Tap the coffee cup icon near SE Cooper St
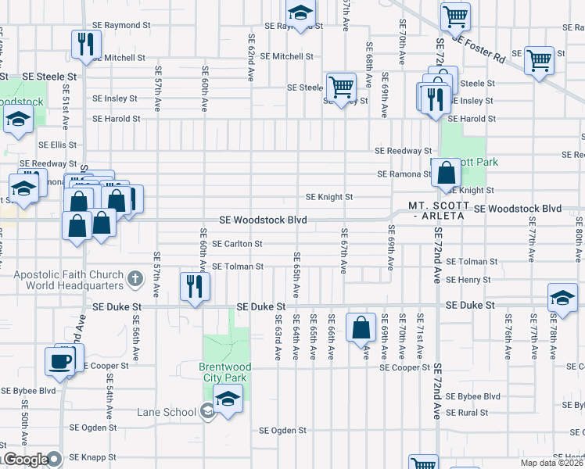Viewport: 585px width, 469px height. coord(59,360)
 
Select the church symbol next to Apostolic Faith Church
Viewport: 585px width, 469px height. coord(135,279)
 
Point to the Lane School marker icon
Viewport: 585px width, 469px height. coord(207,410)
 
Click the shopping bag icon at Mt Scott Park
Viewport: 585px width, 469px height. coord(446,174)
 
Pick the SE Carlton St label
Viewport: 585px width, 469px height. coord(237,244)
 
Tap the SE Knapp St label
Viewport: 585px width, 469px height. coord(93,457)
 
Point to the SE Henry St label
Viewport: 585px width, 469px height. coord(468,279)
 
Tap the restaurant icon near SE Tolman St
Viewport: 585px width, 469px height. coord(192,285)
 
